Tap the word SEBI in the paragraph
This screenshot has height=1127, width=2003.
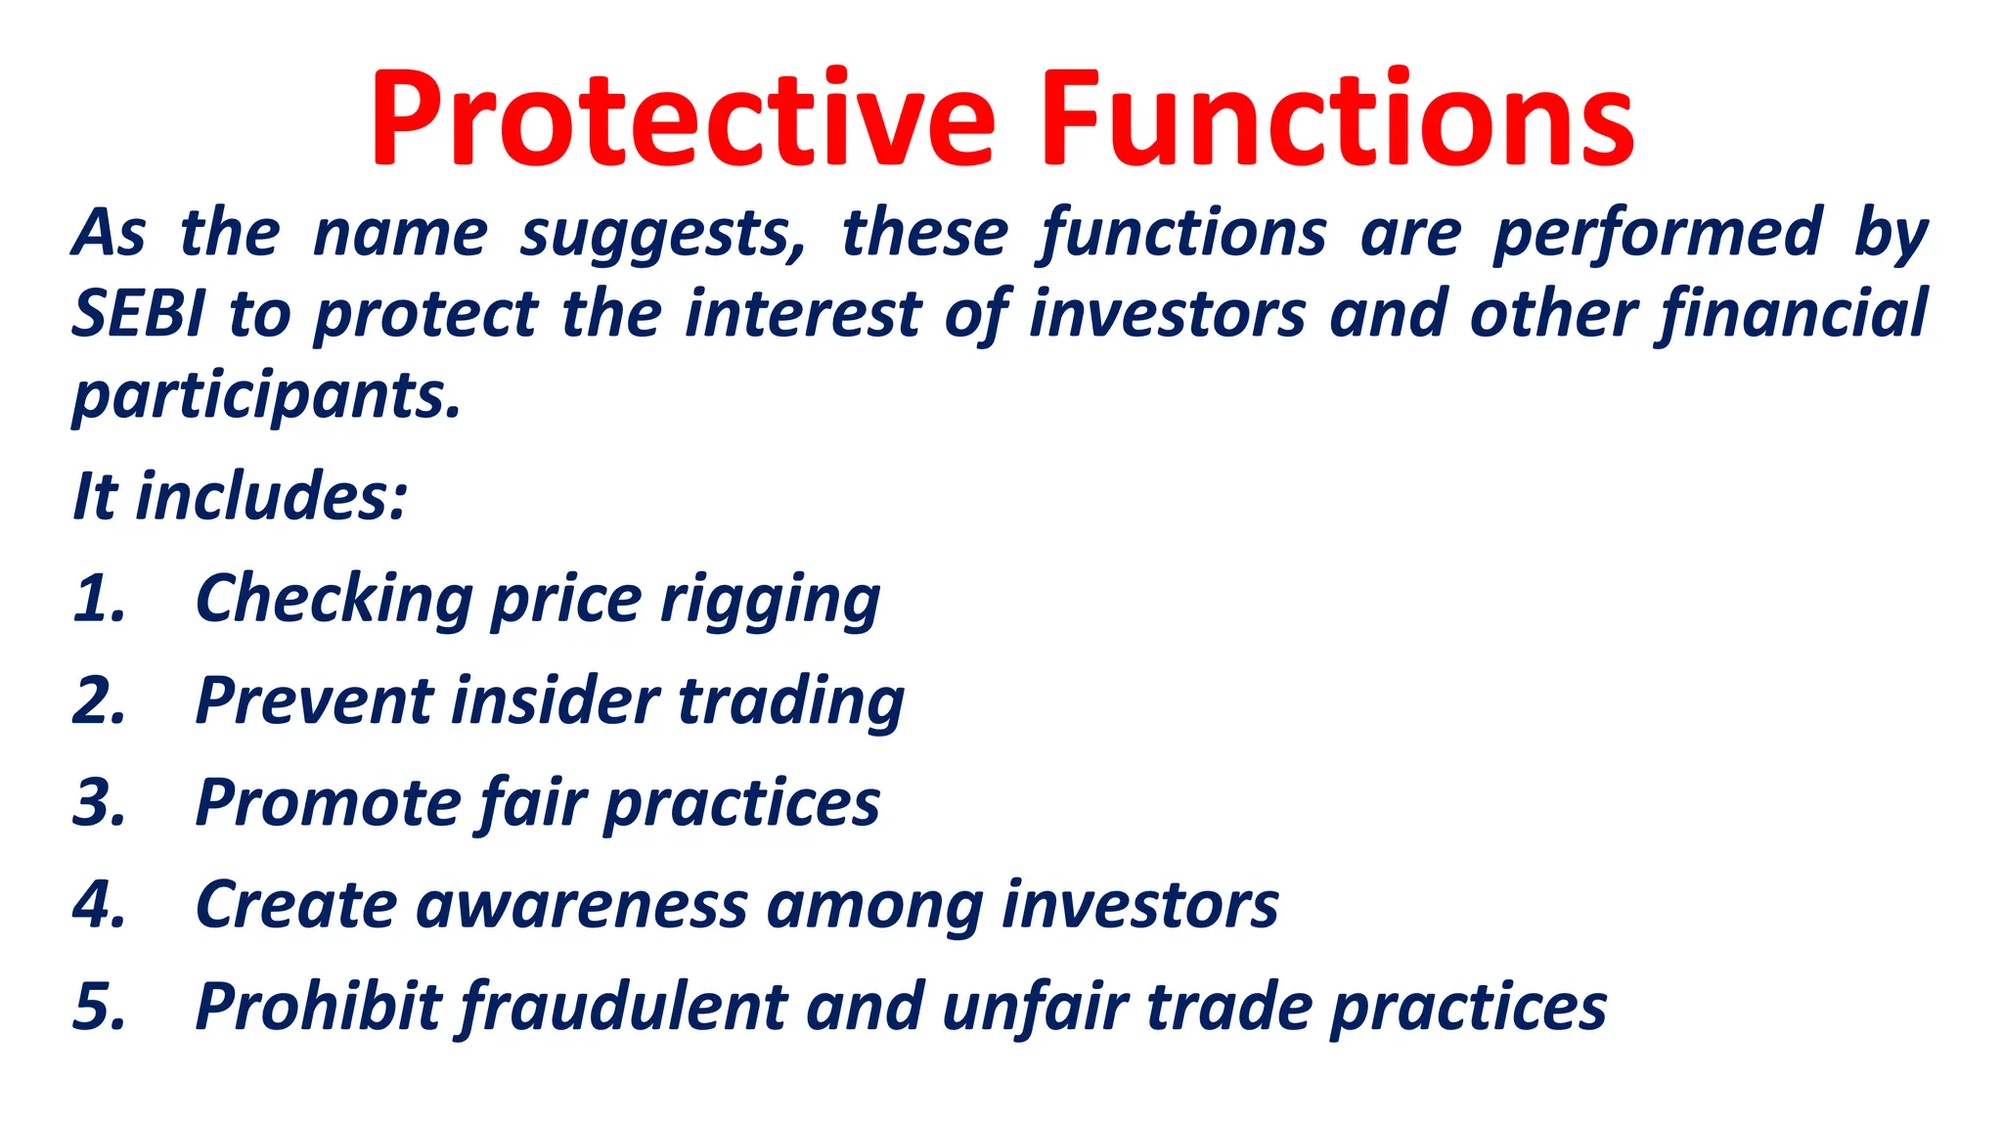click(139, 315)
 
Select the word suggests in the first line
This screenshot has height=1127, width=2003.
click(662, 235)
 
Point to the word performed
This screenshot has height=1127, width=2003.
click(1658, 235)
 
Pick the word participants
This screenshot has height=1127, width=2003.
click(266, 396)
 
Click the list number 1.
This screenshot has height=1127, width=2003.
click(98, 599)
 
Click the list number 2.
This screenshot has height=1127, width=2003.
click(99, 701)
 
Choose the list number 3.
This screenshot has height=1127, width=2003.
click(99, 803)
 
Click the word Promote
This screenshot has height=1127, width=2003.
click(328, 803)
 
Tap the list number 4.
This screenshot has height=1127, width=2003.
click(99, 905)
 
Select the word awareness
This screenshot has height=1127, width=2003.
click(582, 905)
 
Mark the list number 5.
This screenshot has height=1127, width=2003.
click(99, 1007)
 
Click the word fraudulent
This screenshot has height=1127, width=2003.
click(622, 1007)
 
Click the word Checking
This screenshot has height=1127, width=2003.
click(334, 599)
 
